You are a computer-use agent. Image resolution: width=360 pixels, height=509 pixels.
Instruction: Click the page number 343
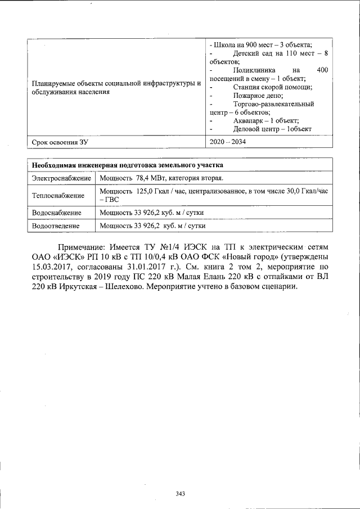[180, 494]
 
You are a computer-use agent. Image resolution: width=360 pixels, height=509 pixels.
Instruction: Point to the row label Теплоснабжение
[58, 196]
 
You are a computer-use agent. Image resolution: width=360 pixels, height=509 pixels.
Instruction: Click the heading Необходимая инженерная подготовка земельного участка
[127, 165]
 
